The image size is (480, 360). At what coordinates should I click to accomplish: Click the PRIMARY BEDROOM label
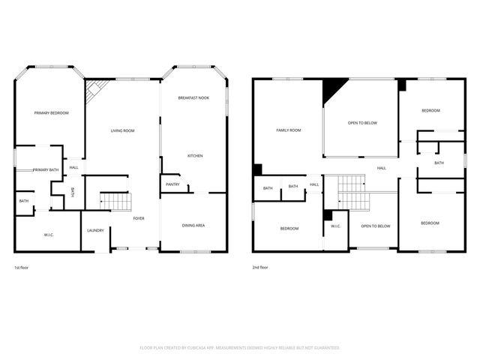[x=51, y=112]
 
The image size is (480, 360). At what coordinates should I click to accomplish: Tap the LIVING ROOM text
[x=122, y=131]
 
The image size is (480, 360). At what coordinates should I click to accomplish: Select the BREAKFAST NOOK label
[x=193, y=98]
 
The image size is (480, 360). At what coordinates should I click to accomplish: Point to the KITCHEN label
[x=195, y=155]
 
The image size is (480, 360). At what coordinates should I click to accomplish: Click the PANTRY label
[x=172, y=184]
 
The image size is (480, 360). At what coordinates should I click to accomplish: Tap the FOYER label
[x=139, y=218]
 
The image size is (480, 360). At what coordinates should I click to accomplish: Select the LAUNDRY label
[x=95, y=230]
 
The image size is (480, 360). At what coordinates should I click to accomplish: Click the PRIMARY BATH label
[x=46, y=169]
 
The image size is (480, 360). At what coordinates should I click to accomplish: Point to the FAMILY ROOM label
[x=288, y=130]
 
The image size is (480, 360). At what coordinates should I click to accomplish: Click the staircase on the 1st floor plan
[x=115, y=200]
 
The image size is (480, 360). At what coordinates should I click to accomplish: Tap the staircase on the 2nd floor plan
[x=352, y=192]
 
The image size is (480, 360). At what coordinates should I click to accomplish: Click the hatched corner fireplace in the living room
[x=95, y=91]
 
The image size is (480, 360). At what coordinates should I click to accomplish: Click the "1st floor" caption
[x=22, y=267]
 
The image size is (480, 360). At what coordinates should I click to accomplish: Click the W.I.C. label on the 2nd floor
[x=336, y=226]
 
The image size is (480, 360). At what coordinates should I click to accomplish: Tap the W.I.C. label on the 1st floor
[x=48, y=235]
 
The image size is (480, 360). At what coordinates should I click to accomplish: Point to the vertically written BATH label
[x=73, y=192]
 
